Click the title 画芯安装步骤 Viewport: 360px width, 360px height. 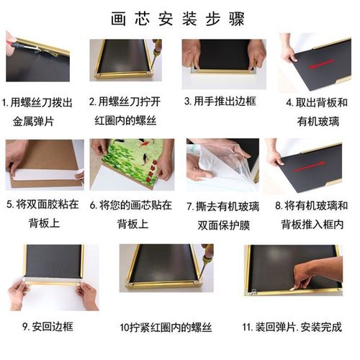(x=179, y=17)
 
